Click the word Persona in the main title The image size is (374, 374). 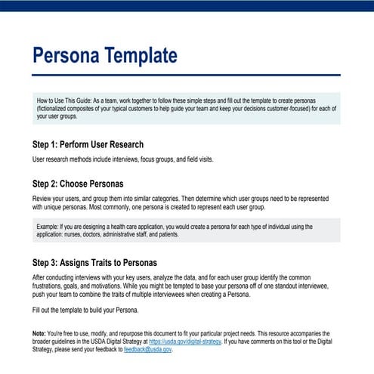pos(68,56)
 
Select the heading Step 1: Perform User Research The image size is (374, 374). pos(88,144)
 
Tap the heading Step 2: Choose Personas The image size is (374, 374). pos(78,184)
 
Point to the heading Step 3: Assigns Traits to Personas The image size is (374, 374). pos(94,263)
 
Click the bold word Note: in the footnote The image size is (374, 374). pos(39,334)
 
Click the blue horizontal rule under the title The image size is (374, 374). pos(187,75)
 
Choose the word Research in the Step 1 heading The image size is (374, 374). pos(122,144)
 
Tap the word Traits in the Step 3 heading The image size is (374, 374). pos(100,263)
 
